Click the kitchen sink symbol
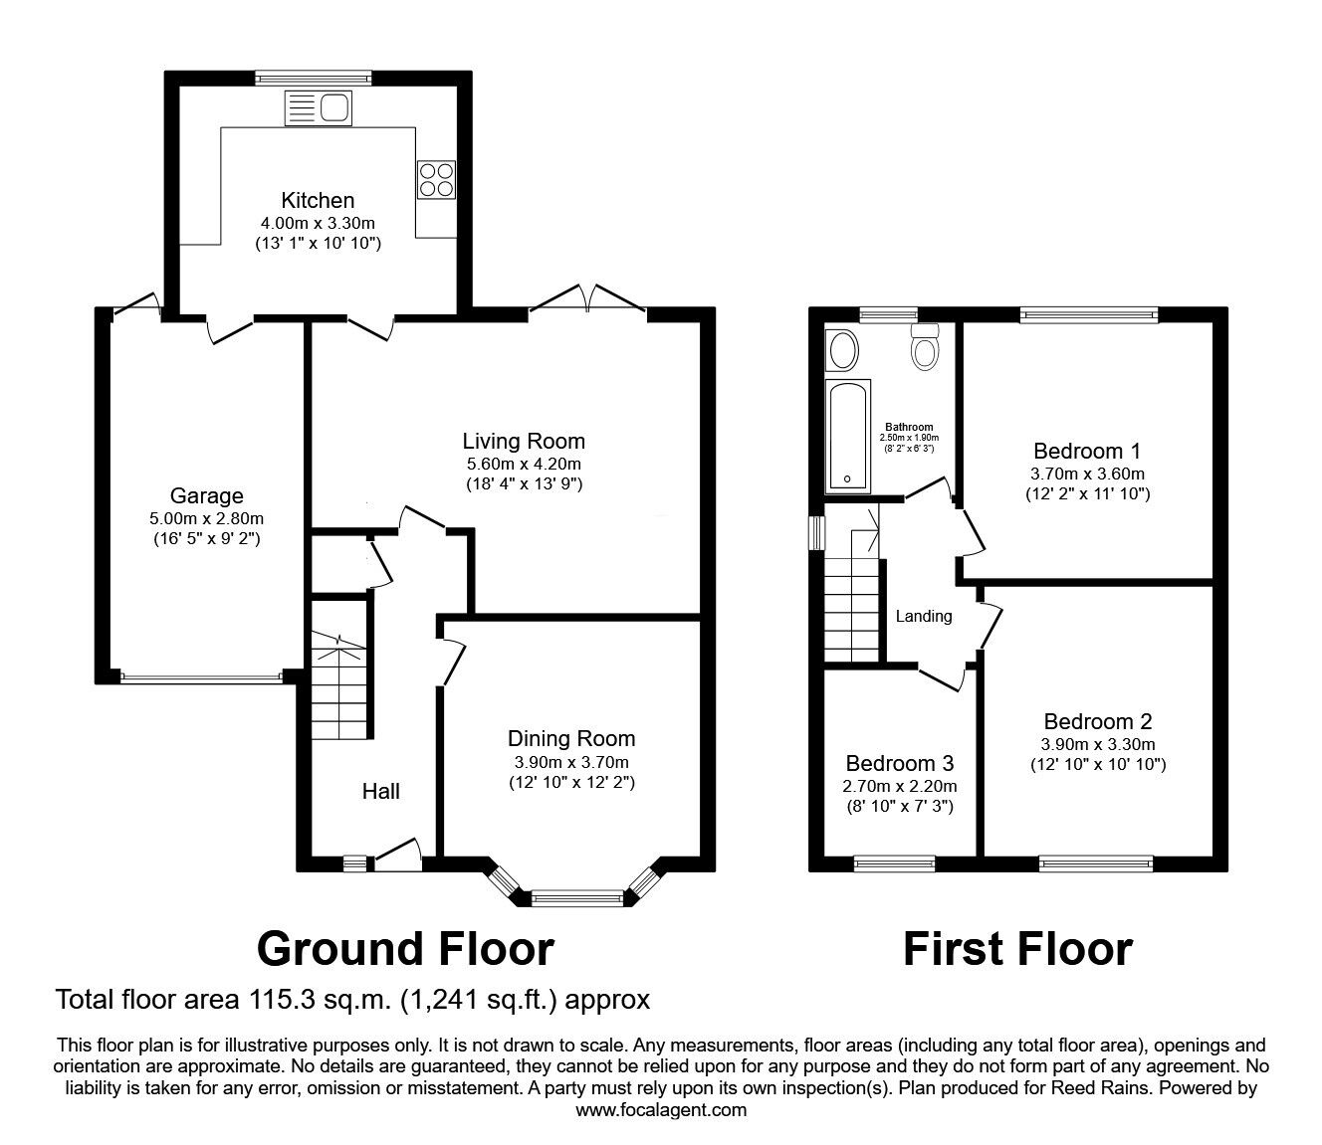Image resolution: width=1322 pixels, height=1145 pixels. click(x=318, y=106)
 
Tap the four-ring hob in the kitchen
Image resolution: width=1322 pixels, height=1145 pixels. click(x=436, y=179)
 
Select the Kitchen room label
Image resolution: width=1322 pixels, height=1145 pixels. click(x=318, y=200)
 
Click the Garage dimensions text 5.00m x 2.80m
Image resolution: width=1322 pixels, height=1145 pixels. click(x=206, y=518)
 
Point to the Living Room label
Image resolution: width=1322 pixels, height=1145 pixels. click(x=524, y=441)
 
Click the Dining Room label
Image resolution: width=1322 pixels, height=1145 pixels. click(x=571, y=738)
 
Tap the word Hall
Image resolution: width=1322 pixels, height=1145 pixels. click(x=380, y=791)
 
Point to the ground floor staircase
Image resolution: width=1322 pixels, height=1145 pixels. click(x=340, y=686)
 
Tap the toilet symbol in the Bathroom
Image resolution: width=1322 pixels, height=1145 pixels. click(x=926, y=348)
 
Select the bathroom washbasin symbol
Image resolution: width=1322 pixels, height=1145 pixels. click(x=843, y=350)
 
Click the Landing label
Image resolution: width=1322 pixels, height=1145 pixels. click(x=924, y=616)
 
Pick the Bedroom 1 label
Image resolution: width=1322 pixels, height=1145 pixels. click(x=1087, y=449)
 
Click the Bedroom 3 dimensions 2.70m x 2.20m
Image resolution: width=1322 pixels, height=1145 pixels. click(x=899, y=786)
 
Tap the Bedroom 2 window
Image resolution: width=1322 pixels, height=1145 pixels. click(x=1095, y=862)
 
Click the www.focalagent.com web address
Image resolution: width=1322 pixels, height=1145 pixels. click(x=661, y=1110)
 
